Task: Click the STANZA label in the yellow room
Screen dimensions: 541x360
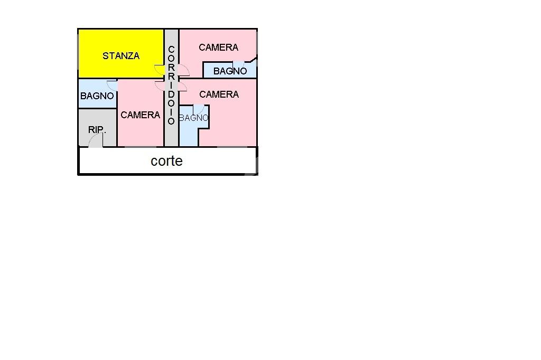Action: (121, 56)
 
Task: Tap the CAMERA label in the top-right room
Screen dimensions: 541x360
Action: (218, 48)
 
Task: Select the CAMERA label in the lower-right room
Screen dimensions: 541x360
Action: (219, 94)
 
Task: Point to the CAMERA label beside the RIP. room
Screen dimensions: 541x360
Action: (141, 115)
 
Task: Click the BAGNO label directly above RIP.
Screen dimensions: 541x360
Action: (97, 96)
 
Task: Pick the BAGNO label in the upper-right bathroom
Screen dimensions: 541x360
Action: (230, 71)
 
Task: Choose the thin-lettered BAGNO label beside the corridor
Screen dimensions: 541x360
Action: (193, 118)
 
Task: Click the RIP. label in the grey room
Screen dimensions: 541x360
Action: (97, 130)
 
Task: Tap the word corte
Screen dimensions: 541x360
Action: (166, 161)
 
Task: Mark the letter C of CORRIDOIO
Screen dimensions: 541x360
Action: (171, 50)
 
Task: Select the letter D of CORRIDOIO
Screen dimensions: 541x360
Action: (171, 94)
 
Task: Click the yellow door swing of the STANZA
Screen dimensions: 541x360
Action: (159, 69)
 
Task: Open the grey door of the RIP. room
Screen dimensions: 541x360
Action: (96, 140)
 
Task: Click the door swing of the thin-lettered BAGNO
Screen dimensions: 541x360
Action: (199, 109)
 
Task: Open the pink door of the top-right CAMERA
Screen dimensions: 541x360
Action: (183, 70)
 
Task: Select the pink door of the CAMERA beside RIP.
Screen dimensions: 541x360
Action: (160, 86)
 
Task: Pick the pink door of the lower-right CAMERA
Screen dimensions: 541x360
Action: (182, 87)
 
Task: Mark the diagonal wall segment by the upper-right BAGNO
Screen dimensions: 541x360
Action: (253, 60)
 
